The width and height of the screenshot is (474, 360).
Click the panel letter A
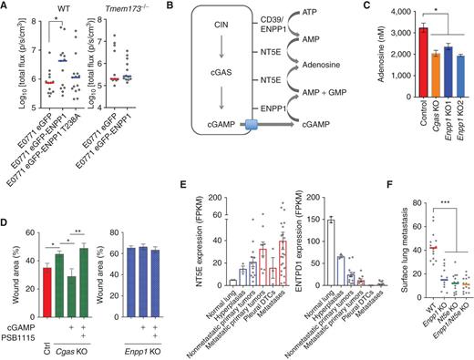pos(5,7)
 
